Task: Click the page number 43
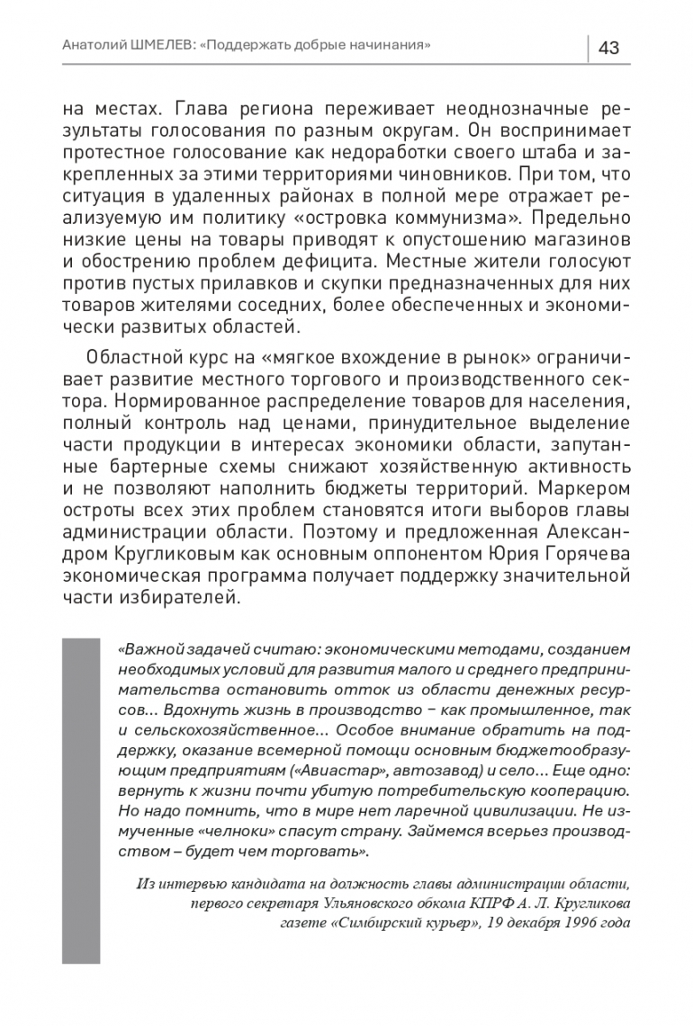608,48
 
